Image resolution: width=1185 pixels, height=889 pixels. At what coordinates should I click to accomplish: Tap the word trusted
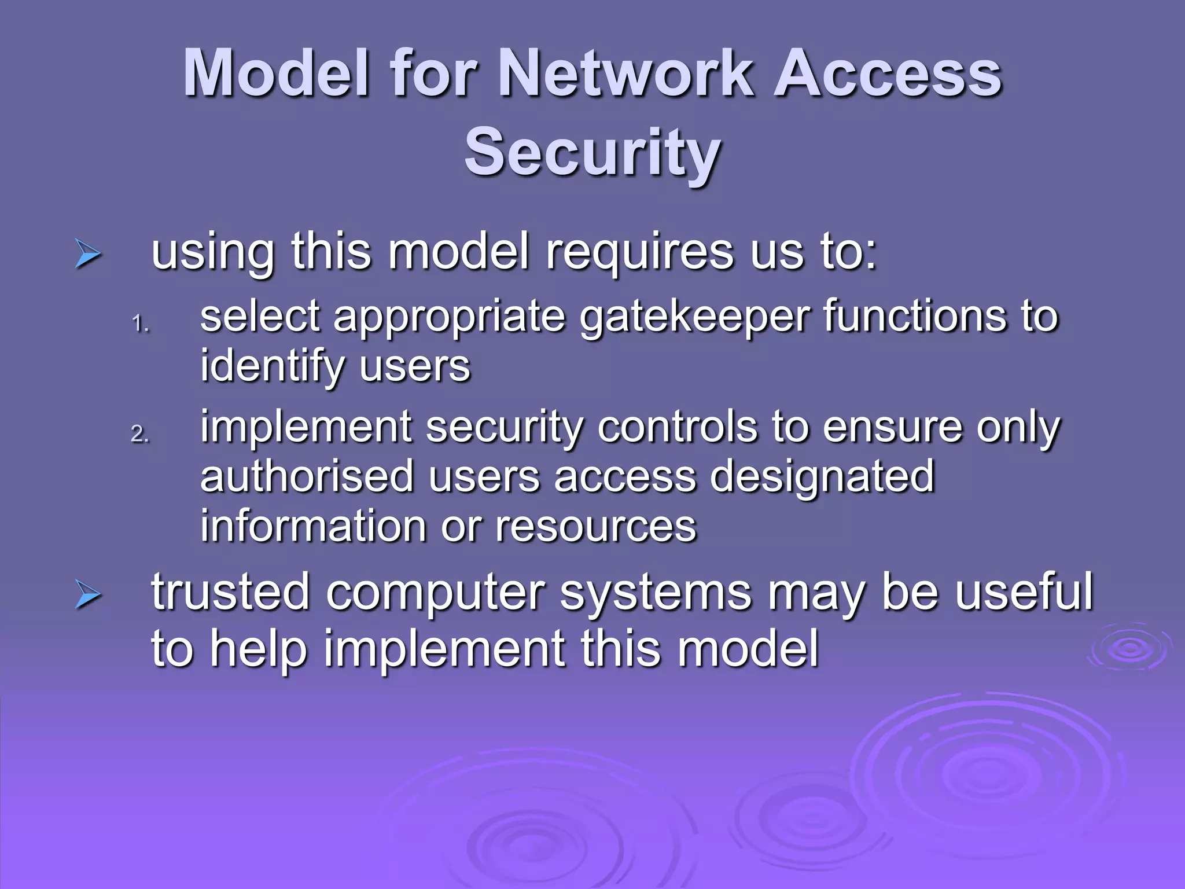coord(231,592)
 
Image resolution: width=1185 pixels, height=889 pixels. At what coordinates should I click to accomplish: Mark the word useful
coord(1024,592)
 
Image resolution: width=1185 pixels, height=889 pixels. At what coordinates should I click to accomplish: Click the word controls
coord(676,427)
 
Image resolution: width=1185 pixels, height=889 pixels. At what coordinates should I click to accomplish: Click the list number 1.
coord(140,324)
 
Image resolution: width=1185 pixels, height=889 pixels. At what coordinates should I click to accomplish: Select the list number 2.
coord(140,434)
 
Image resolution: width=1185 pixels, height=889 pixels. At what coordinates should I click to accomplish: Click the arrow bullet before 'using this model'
coord(88,255)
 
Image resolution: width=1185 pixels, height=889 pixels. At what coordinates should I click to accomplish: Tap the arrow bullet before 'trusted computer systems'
coord(88,597)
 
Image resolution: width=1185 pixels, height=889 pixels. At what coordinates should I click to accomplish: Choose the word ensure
coord(892,427)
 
